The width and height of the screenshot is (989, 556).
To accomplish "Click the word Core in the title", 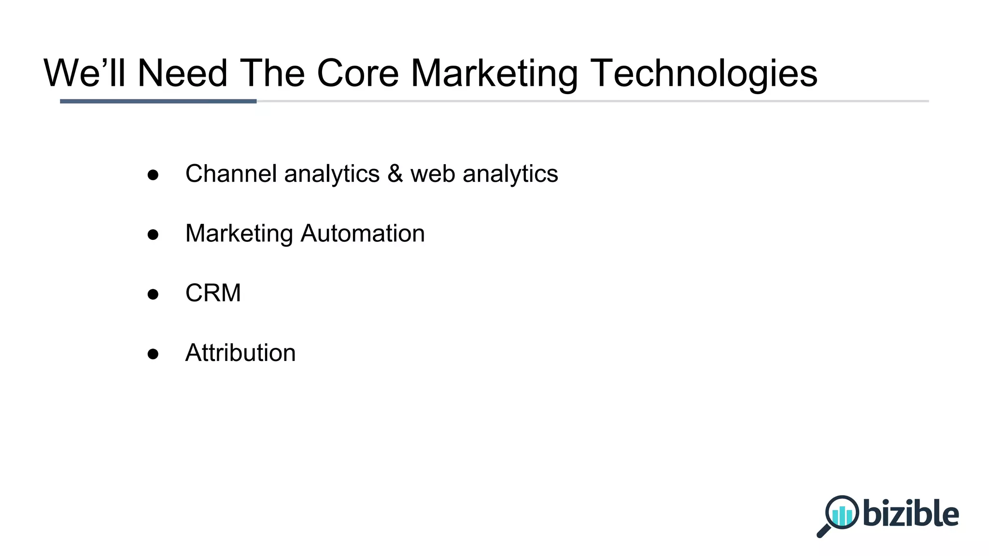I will (357, 73).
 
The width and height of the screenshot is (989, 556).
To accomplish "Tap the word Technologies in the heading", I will (704, 73).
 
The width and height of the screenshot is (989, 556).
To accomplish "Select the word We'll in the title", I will (85, 73).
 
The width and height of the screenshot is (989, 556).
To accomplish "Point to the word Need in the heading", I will (182, 73).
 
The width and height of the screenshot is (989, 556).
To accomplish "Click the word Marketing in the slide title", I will (494, 73).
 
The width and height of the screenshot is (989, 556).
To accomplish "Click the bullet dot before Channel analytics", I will (153, 175).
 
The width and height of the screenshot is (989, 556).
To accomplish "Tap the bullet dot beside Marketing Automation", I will (153, 235).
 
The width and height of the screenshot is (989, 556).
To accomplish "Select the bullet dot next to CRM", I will (153, 294).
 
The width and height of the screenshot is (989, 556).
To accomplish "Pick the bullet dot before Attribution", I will (153, 354).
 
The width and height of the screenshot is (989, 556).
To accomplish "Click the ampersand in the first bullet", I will (395, 174).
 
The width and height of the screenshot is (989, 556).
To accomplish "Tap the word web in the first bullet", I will (433, 174).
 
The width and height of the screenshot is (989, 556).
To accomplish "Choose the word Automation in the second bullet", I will (362, 234).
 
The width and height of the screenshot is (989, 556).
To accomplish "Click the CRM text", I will (213, 293).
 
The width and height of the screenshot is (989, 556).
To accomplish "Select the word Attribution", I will (240, 353).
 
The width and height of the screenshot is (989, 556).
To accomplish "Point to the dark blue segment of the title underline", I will (158, 101).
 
